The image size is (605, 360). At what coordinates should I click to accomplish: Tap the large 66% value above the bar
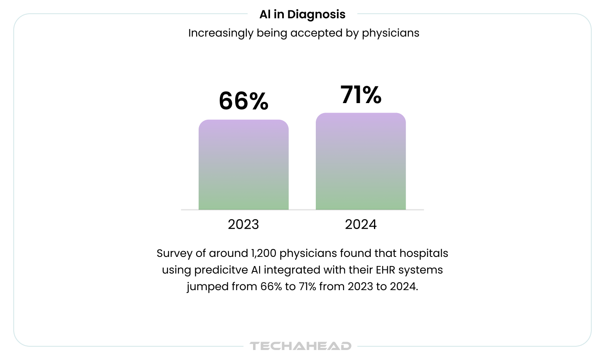(243, 101)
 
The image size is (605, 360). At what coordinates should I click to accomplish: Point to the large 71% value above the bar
(361, 95)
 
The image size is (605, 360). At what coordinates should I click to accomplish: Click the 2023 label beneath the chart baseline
(243, 224)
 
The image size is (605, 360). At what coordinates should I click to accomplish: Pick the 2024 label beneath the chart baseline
(361, 224)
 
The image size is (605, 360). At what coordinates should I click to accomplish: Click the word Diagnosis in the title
(316, 15)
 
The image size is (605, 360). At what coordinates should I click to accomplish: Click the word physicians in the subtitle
(391, 33)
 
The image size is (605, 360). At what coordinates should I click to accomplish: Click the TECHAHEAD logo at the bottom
(301, 346)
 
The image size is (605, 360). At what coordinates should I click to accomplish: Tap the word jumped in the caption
(207, 287)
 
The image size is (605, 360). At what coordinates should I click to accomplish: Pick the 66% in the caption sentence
(271, 287)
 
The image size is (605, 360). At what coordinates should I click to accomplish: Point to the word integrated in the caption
(292, 270)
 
